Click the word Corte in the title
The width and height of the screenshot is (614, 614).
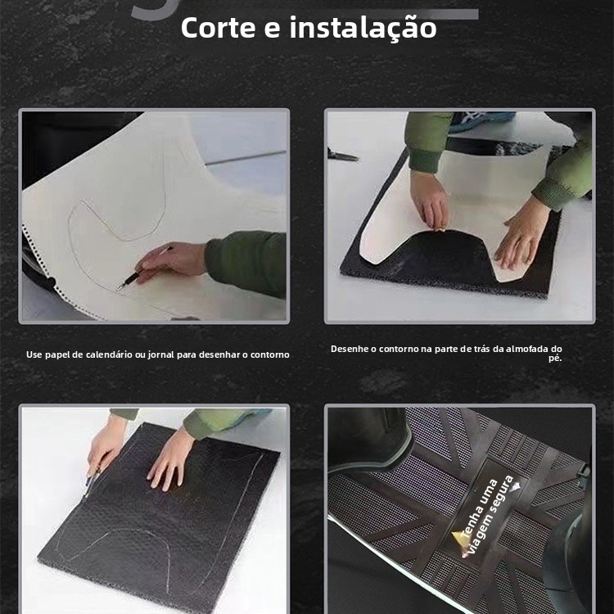coord(218,28)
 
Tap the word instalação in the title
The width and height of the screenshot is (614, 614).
coord(363,29)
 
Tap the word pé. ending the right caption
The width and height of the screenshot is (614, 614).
coord(555,359)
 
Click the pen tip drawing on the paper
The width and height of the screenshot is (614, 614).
coord(119,287)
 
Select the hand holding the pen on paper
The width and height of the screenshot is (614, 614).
coord(171,262)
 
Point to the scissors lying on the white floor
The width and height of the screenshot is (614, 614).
coord(342,155)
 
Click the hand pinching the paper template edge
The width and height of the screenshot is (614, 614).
coord(431,201)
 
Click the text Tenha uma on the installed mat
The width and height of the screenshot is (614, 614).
coord(479,508)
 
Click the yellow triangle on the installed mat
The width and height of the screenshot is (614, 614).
coord(458,538)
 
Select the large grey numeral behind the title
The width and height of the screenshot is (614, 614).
coord(154,9)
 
